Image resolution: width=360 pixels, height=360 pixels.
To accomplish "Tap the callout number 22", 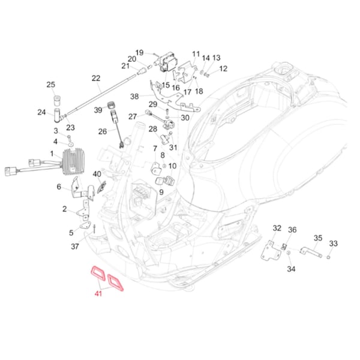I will (x=96, y=79).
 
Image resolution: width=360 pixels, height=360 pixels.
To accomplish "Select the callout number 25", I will (x=51, y=84).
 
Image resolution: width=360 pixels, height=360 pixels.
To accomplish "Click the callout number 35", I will (x=318, y=238).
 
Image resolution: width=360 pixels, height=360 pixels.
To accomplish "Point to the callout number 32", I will (x=277, y=228).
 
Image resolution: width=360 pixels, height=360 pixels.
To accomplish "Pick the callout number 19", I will (x=139, y=53).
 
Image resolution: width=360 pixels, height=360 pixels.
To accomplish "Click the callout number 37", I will (x=75, y=246).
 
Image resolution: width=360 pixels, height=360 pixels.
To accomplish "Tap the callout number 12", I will (x=223, y=69).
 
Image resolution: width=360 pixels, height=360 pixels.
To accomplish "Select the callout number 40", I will (x=97, y=174).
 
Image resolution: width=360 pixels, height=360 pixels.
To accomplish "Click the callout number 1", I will (x=52, y=154).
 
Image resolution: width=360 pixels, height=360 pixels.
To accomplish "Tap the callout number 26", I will (x=103, y=131).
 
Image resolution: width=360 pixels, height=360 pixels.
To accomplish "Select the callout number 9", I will (x=161, y=191).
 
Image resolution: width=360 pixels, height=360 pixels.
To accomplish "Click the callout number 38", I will (x=134, y=96).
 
